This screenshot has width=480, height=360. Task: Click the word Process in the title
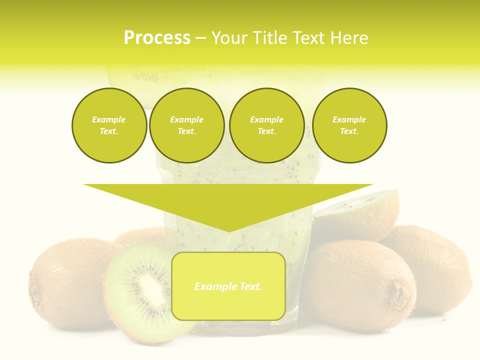pos(157,38)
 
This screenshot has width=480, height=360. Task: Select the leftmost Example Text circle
pos(109,125)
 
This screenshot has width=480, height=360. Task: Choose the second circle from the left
pos(187,125)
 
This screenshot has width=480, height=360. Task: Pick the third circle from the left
pos(266,125)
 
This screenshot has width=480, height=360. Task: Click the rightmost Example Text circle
pos(349,125)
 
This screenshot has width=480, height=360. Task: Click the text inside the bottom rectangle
pos(228,286)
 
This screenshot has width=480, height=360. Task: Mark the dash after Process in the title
pos(200,38)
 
